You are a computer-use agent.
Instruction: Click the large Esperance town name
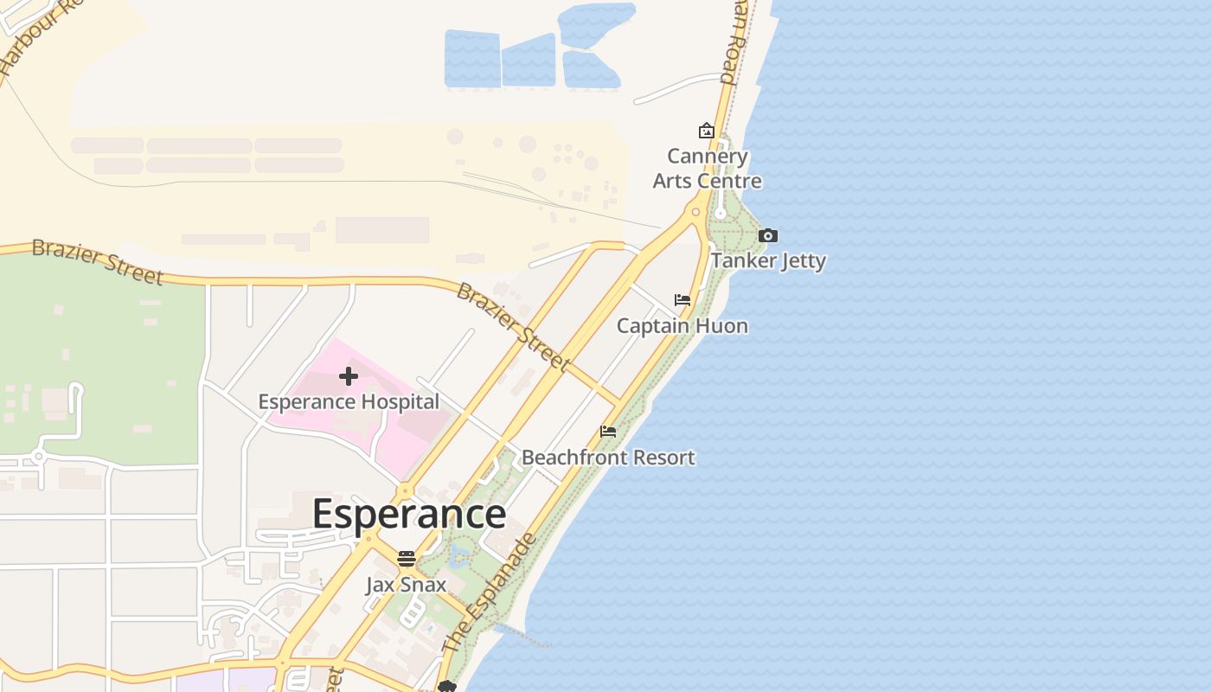coord(408,514)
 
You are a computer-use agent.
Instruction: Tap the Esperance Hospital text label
coord(349,401)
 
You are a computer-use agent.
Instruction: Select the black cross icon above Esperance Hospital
coord(349,376)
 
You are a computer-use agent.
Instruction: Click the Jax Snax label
coord(406,584)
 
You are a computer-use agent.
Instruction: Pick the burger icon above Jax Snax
coord(406,559)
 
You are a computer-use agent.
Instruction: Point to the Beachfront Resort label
coord(608,457)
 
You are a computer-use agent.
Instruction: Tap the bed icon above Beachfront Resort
coord(608,432)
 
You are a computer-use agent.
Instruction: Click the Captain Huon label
coord(682,325)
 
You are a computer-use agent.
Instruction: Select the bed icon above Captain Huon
coord(682,300)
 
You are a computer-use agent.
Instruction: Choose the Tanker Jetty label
coord(768,260)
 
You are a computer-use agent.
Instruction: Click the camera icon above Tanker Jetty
coord(767,235)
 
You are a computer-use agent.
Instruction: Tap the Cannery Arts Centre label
coord(708,169)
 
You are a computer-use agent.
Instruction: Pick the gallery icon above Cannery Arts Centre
coord(707,131)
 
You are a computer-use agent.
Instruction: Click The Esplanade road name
coord(490,593)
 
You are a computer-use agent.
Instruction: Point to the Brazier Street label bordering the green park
coord(97,261)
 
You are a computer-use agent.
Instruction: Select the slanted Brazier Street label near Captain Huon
coord(513,326)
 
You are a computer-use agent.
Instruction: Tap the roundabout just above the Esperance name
coord(405,490)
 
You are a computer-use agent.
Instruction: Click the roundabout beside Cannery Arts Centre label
coord(695,211)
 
